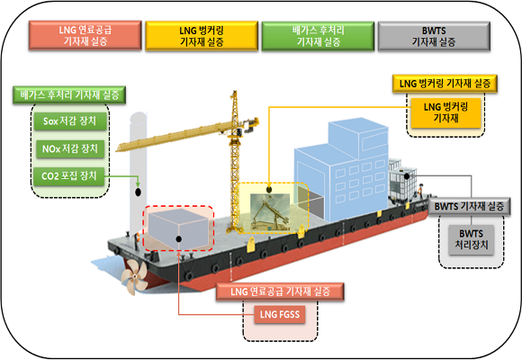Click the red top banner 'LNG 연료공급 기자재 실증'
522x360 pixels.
(85, 35)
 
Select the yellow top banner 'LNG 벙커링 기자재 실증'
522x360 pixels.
(202, 36)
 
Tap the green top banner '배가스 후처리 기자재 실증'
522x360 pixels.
(318, 36)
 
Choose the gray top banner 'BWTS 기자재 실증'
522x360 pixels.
(434, 36)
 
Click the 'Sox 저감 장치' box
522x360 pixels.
(70, 121)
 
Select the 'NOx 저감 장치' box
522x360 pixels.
(70, 148)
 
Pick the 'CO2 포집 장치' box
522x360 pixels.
(69, 175)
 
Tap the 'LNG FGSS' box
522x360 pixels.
(280, 314)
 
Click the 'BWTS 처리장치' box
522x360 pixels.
(471, 239)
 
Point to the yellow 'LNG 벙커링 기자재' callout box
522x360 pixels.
(445, 112)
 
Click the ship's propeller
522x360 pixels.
(134, 276)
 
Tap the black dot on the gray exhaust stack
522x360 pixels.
(138, 193)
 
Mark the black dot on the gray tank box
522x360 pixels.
(179, 238)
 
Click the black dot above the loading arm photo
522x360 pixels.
(269, 190)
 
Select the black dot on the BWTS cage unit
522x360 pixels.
(407, 175)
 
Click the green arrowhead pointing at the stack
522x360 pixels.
(138, 184)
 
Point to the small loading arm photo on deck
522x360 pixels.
(270, 211)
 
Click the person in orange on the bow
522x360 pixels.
(420, 192)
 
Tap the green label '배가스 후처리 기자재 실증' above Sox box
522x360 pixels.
(69, 95)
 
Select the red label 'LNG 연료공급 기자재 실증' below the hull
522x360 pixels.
(280, 292)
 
